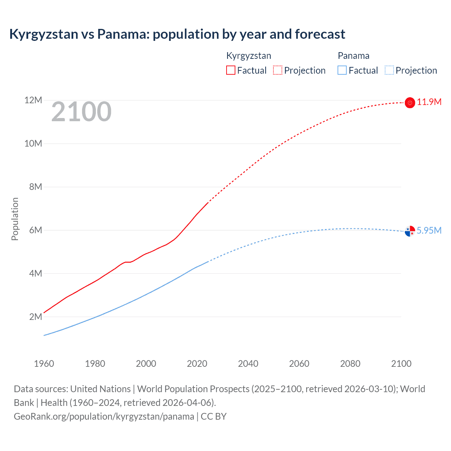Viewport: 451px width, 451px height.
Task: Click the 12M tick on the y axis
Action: [33, 100]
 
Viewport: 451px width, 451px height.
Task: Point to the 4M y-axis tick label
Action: [35, 273]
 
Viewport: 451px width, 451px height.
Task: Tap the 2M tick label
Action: [35, 317]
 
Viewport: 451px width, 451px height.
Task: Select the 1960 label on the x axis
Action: [44, 364]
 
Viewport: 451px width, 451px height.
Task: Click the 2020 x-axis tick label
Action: [197, 364]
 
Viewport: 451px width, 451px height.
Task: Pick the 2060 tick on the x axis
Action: [299, 364]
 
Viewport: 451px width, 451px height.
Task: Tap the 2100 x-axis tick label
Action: [401, 364]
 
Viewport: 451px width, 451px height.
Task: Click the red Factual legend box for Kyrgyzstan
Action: [230, 70]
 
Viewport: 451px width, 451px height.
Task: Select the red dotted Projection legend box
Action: [278, 70]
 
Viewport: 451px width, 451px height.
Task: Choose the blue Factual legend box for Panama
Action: [342, 70]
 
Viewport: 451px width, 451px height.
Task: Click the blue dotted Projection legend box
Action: [389, 70]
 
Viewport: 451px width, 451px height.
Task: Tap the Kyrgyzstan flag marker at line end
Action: [410, 103]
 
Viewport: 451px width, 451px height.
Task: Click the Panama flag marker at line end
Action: [410, 231]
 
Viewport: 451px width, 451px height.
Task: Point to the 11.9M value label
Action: [429, 102]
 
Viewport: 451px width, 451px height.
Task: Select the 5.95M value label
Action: [429, 230]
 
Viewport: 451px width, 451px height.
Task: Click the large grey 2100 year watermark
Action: [81, 112]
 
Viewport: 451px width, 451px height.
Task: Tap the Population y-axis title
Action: [15, 219]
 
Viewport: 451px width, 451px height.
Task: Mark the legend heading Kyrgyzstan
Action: [248, 56]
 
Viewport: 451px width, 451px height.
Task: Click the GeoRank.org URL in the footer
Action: [104, 416]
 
